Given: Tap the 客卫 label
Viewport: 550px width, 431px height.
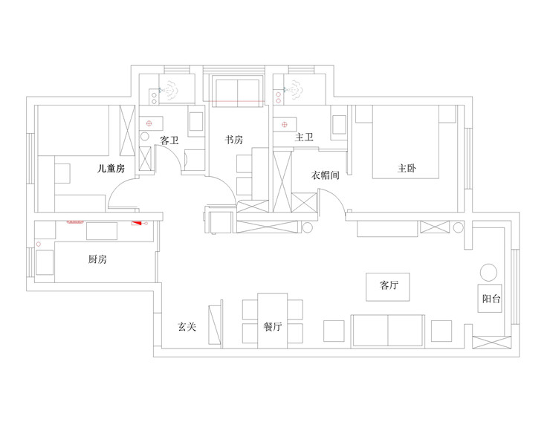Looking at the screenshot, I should tap(169, 140).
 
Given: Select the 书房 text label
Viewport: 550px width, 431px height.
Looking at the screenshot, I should tap(234, 140).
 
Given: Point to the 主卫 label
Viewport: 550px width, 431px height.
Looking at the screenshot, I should tap(304, 137).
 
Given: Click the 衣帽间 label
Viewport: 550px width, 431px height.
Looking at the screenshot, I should tap(326, 176).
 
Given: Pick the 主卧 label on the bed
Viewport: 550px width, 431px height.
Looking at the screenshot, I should tap(407, 169).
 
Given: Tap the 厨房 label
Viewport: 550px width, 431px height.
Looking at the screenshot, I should tap(97, 259).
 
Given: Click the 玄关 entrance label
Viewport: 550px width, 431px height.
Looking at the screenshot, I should tap(187, 326).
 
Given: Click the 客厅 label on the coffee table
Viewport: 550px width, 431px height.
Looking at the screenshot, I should tap(389, 285).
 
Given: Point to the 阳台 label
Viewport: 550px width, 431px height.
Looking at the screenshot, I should tap(491, 299).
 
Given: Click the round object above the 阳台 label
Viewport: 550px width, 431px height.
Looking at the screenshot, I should tap(488, 272).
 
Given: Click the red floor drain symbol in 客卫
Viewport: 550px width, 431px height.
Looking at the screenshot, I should tap(149, 123).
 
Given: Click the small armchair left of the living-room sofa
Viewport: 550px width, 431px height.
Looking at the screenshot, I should tap(334, 331).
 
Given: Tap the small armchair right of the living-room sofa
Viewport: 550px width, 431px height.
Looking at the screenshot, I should tap(441, 331).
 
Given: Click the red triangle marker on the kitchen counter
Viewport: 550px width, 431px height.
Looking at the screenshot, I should tap(137, 222).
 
